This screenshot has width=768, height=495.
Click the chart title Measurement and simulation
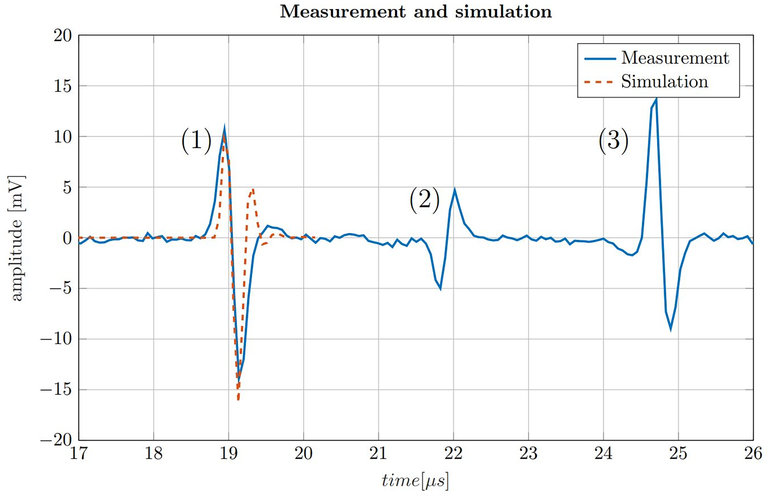pos(416,12)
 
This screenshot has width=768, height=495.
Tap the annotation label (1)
pos(197,141)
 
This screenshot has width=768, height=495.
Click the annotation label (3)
pos(613,141)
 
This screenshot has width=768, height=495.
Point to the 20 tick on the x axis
pos(304,454)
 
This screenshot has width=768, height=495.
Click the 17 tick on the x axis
pos(79,454)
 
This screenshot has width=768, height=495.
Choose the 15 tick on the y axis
pos(62,86)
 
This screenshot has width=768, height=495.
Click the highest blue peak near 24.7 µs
pos(656,99)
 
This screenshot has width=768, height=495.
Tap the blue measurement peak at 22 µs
pos(454,190)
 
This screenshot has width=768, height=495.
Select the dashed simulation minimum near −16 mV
pos(238,399)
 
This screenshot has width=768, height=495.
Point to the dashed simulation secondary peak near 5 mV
pos(253,190)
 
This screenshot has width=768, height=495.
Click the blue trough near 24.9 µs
pos(671,329)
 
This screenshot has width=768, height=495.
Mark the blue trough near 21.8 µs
pos(440,289)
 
